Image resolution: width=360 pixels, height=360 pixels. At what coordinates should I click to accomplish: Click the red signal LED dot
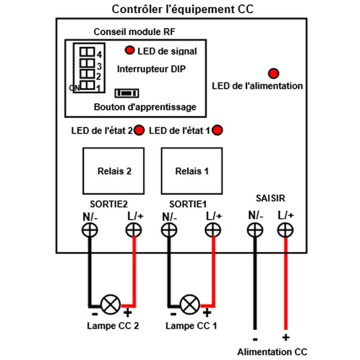pyautogui.click(x=130, y=50)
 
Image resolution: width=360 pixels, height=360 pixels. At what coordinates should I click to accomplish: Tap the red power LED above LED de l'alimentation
pyautogui.click(x=274, y=73)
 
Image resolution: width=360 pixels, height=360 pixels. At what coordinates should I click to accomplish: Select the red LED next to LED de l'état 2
pyautogui.click(x=139, y=130)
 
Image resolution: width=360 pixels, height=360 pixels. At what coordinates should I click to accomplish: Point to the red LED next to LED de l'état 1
pyautogui.click(x=217, y=130)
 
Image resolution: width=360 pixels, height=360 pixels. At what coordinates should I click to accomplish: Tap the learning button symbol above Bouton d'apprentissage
pyautogui.click(x=127, y=93)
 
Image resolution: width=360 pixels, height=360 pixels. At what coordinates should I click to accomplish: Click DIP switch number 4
pyautogui.click(x=87, y=52)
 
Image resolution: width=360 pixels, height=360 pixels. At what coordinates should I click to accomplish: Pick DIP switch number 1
pyautogui.click(x=87, y=85)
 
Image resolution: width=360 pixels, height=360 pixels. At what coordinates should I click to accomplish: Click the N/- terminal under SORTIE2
pyautogui.click(x=90, y=230)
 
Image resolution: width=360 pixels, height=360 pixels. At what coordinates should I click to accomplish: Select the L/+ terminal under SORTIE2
pyautogui.click(x=134, y=230)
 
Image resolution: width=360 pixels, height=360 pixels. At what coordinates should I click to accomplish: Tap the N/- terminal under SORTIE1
pyautogui.click(x=169, y=230)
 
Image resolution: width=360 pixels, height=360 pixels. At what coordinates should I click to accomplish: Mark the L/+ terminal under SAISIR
pyautogui.click(x=286, y=230)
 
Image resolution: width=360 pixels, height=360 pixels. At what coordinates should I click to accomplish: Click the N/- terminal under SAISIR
pyautogui.click(x=255, y=230)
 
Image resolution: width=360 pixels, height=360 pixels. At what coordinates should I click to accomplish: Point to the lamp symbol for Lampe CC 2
pyautogui.click(x=110, y=305)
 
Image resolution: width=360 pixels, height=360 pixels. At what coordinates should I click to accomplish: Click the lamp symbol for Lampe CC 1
pyautogui.click(x=190, y=305)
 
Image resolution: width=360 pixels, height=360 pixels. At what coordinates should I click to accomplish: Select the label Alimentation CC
pyautogui.click(x=272, y=352)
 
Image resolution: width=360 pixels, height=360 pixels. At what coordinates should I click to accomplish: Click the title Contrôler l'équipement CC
pyautogui.click(x=182, y=10)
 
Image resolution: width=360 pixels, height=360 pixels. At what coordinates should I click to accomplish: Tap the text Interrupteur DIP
pyautogui.click(x=151, y=69)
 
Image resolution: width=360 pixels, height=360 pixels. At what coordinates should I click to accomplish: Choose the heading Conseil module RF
pyautogui.click(x=134, y=32)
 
